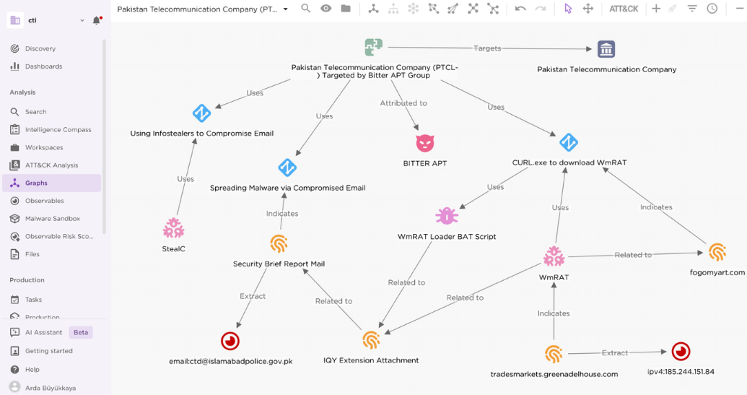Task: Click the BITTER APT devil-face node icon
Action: [425, 143]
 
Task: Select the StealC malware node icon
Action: [173, 228]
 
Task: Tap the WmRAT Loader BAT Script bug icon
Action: [447, 216]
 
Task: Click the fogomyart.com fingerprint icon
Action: [717, 252]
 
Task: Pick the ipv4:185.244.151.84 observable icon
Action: [681, 352]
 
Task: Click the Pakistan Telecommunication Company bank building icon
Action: [606, 48]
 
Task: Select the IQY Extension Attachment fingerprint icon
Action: [371, 340]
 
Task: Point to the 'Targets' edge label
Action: [487, 48]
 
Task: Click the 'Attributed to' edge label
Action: [403, 103]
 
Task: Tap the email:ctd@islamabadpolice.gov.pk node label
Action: [230, 361]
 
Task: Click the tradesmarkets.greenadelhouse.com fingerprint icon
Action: [554, 354]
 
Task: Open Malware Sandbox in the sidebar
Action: [53, 219]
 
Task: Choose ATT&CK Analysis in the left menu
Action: [51, 165]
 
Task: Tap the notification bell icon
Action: [97, 20]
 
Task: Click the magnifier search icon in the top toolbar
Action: [306, 9]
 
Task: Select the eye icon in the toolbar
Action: [326, 9]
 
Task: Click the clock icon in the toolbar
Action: [712, 9]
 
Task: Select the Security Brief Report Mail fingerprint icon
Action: [279, 243]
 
